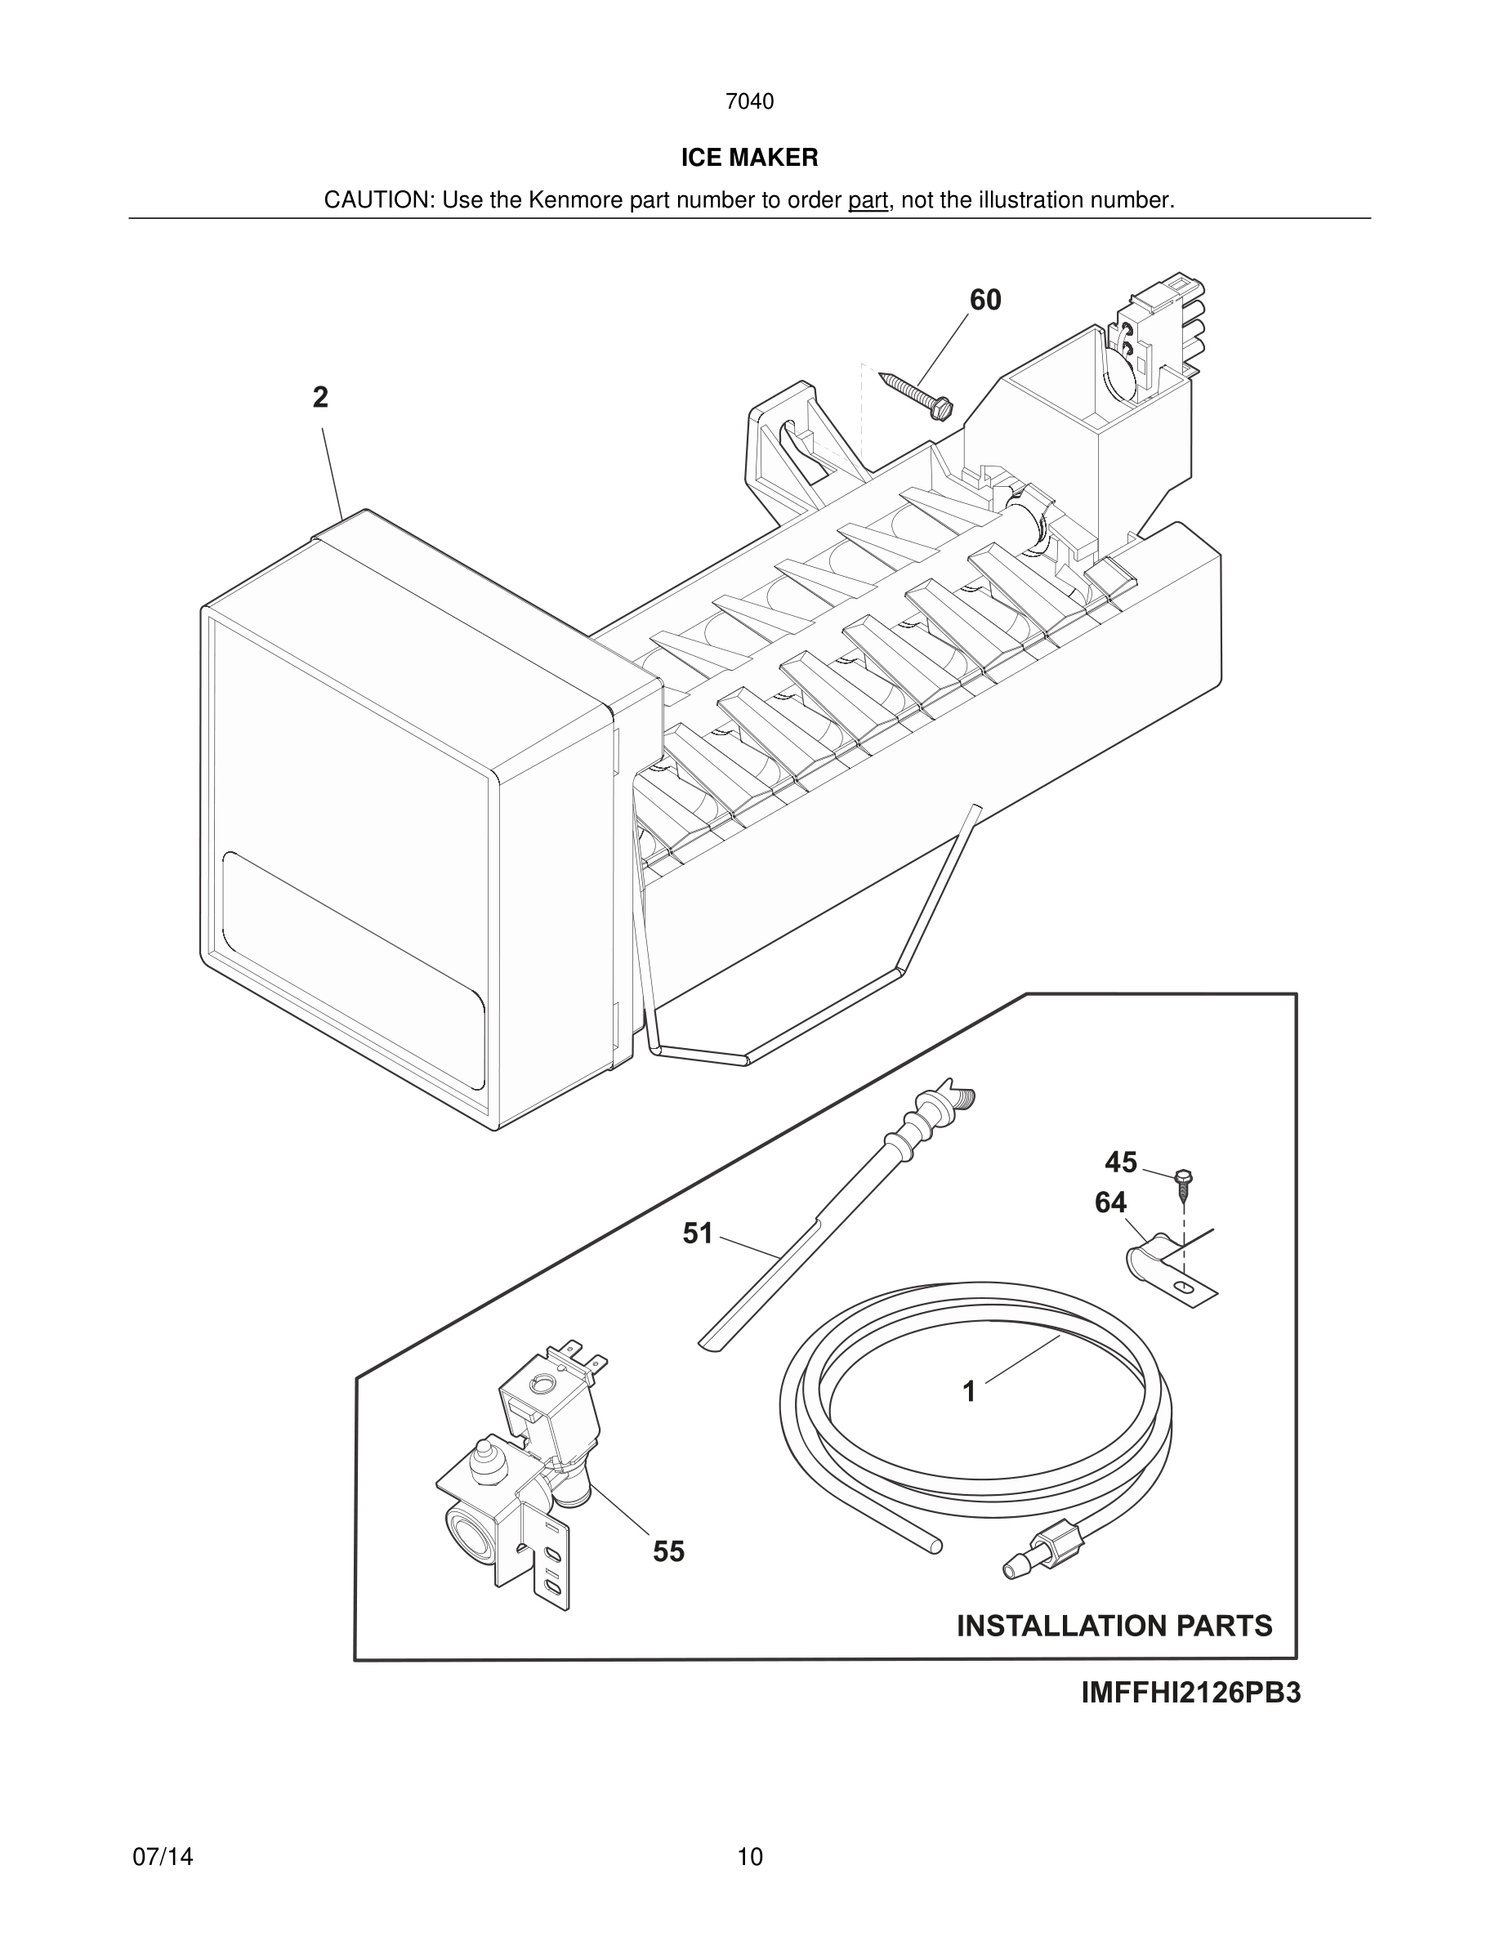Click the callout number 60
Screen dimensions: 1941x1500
pyautogui.click(x=984, y=301)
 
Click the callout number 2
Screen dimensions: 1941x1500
pyautogui.click(x=321, y=397)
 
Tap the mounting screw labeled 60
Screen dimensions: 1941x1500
pyautogui.click(x=915, y=394)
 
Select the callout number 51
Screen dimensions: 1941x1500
pyautogui.click(x=698, y=1234)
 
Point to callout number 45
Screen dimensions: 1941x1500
pyautogui.click(x=1121, y=1162)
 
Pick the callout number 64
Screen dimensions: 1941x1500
pyautogui.click(x=1110, y=1203)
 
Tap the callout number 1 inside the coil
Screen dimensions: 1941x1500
pyautogui.click(x=970, y=1391)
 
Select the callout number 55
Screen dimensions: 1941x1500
pyautogui.click(x=668, y=1551)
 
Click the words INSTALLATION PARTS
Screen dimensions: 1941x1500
pyautogui.click(x=1114, y=1626)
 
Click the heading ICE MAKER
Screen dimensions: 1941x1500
pyautogui.click(x=749, y=158)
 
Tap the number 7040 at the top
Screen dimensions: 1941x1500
pyautogui.click(x=749, y=102)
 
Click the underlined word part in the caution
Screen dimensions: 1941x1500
pyautogui.click(x=868, y=201)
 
